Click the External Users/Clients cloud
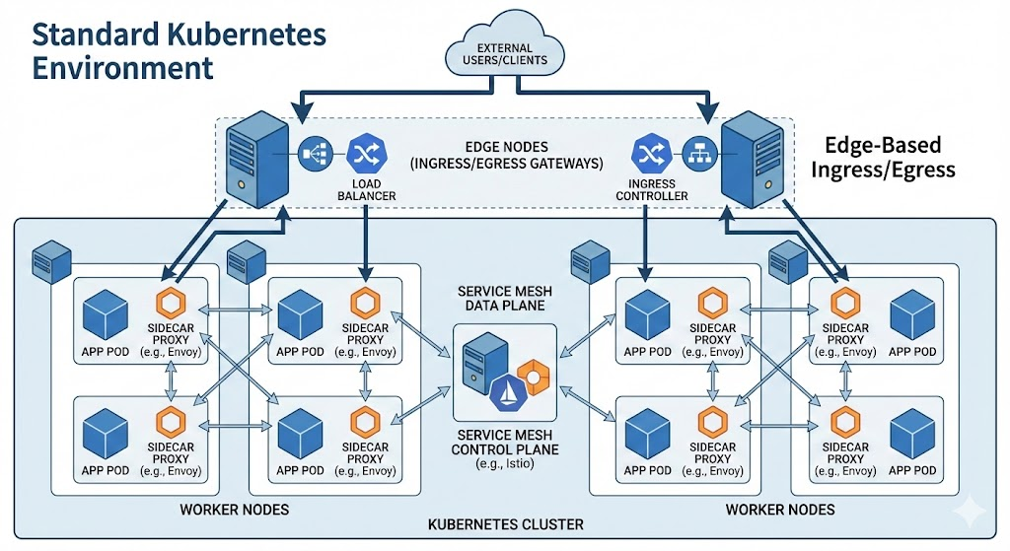[x=505, y=51]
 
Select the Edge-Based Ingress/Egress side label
[x=883, y=157]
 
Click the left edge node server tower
[x=257, y=159]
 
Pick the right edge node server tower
[x=753, y=159]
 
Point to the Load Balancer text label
[x=367, y=190]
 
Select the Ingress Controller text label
[x=652, y=190]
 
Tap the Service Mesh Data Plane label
[x=505, y=298]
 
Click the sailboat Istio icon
[x=508, y=392]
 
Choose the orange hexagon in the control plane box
[x=534, y=378]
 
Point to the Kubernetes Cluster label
[x=506, y=524]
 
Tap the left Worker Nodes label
[x=235, y=510]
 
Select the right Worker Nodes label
[x=780, y=510]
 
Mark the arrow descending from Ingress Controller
[x=645, y=242]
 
